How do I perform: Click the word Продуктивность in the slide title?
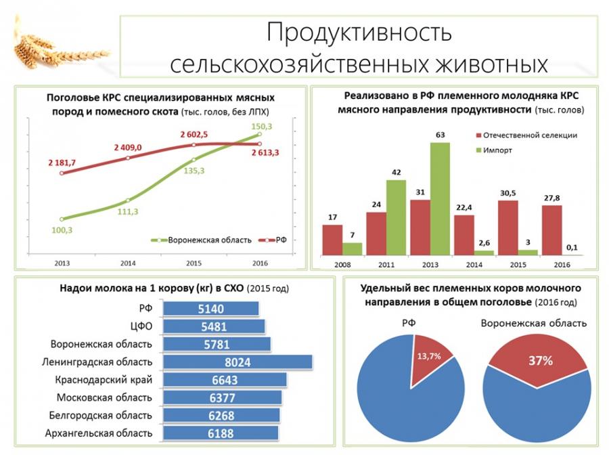[x=358, y=32]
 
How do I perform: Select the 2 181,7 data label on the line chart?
[x=62, y=162]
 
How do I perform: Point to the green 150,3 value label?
[x=261, y=126]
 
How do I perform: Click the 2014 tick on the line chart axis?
[x=128, y=262]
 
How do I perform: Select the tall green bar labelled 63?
[x=439, y=198]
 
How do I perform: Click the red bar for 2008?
[x=332, y=240]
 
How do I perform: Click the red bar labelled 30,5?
[x=508, y=227]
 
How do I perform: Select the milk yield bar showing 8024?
[x=238, y=362]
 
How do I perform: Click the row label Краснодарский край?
[x=112, y=380]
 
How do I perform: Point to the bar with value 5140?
[x=212, y=309]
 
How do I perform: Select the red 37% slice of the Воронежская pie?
[x=539, y=360]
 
